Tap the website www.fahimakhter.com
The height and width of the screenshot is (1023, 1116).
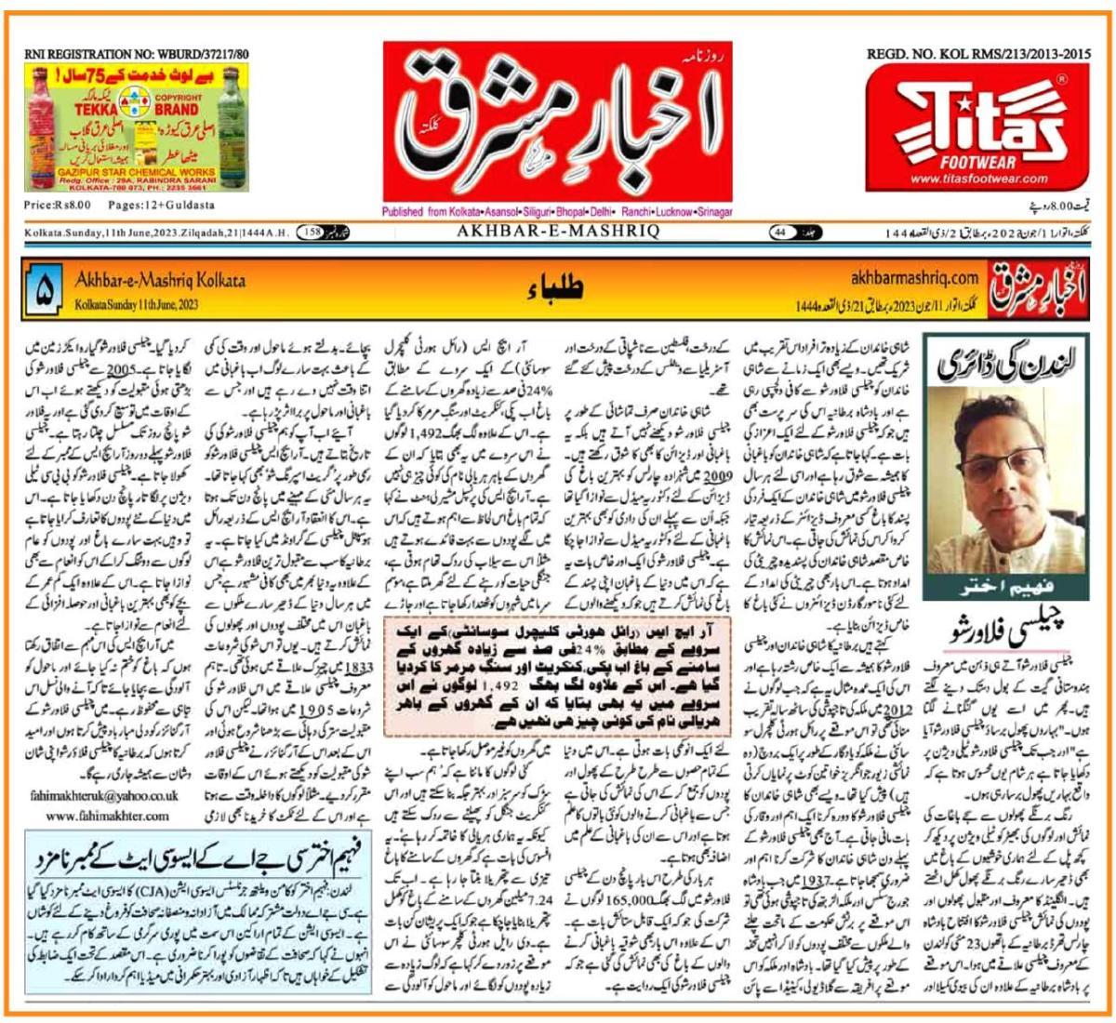click(108, 816)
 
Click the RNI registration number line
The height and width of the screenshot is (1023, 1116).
click(137, 56)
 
